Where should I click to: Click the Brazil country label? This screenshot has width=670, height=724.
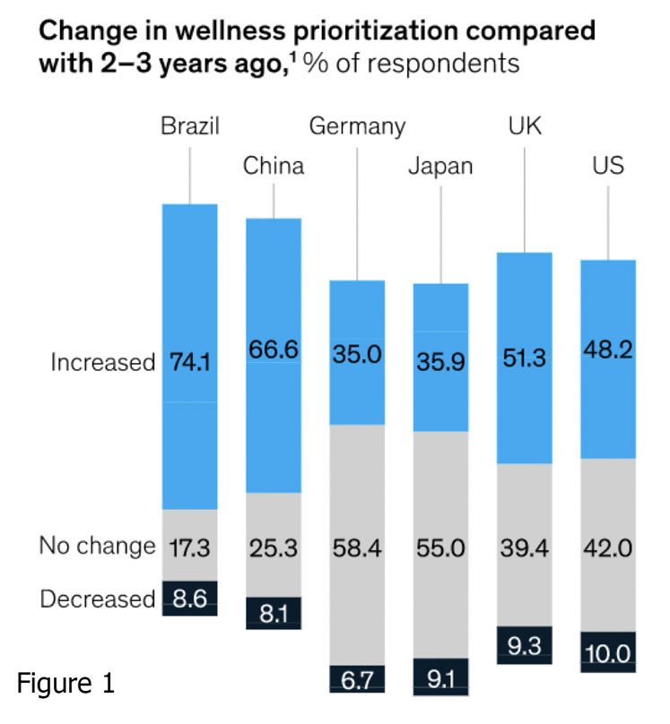(189, 125)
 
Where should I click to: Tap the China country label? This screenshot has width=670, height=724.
(274, 166)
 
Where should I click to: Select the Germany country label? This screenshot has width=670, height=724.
(357, 125)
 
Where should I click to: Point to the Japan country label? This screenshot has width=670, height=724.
(440, 168)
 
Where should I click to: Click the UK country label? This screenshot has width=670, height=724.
(524, 125)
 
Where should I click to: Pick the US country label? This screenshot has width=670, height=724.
(608, 166)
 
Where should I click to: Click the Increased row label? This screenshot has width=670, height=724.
(103, 363)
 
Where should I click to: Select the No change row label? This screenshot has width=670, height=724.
(97, 545)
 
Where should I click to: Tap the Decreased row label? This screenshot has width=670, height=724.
(97, 599)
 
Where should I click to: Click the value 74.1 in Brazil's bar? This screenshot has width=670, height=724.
(189, 363)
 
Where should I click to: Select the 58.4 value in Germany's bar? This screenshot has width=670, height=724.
(357, 547)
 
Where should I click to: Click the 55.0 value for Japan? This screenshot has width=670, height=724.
(440, 547)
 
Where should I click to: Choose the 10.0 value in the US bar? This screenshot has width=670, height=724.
(608, 654)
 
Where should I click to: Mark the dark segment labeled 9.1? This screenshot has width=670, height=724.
(440, 678)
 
